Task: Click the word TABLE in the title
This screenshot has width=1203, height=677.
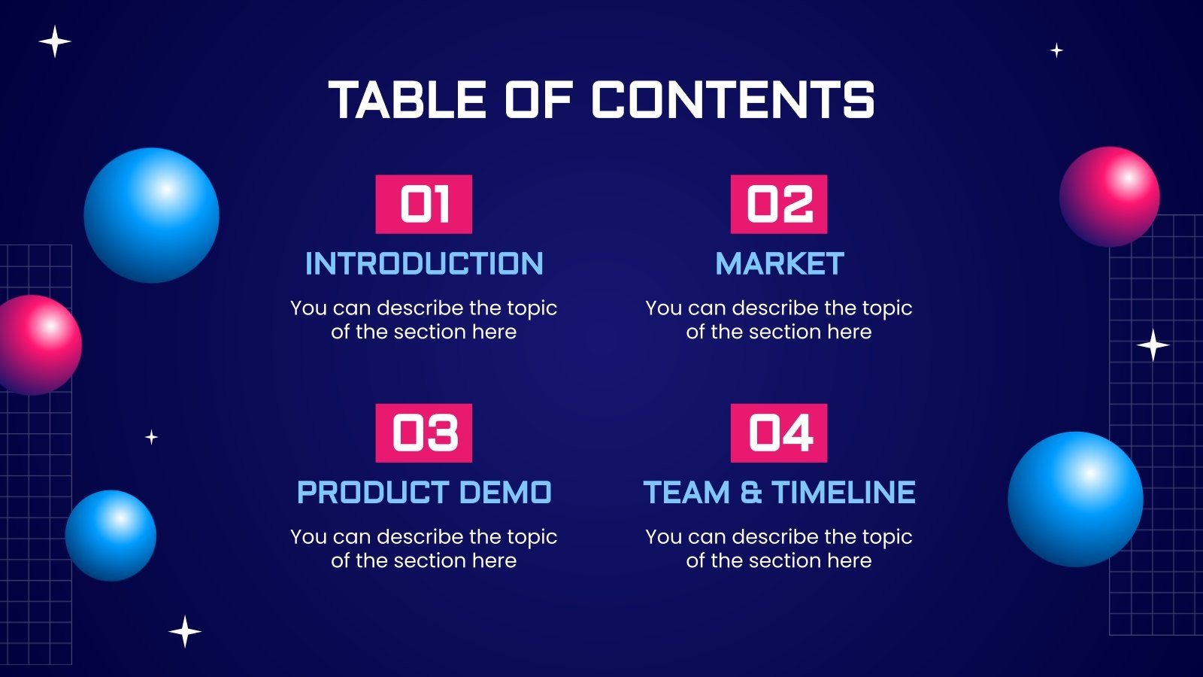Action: click(407, 100)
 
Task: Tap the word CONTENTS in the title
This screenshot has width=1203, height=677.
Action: click(733, 100)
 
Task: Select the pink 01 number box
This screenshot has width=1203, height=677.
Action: click(424, 205)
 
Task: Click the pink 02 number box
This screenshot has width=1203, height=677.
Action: click(779, 205)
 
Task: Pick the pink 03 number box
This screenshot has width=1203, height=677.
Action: click(424, 433)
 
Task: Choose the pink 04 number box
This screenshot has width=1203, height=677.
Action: click(779, 433)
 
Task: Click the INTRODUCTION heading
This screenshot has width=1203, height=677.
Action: click(424, 264)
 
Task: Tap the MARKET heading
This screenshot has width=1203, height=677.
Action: click(779, 264)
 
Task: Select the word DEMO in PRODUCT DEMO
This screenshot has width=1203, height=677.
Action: click(505, 493)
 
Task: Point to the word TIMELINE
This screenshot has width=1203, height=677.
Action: click(844, 493)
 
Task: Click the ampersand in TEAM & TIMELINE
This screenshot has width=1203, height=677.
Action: click(750, 493)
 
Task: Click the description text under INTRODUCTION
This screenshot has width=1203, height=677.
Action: click(424, 320)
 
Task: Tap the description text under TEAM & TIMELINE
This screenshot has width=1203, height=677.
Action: click(779, 548)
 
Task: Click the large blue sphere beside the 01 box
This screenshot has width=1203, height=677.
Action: click(151, 215)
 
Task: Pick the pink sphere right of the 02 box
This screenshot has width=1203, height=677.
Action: click(1109, 197)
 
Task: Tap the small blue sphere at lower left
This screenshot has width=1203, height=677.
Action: click(111, 536)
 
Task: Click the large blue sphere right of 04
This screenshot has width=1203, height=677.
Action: click(1075, 499)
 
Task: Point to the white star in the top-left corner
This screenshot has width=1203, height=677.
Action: click(55, 41)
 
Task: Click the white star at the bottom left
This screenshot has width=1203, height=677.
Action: click(185, 631)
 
